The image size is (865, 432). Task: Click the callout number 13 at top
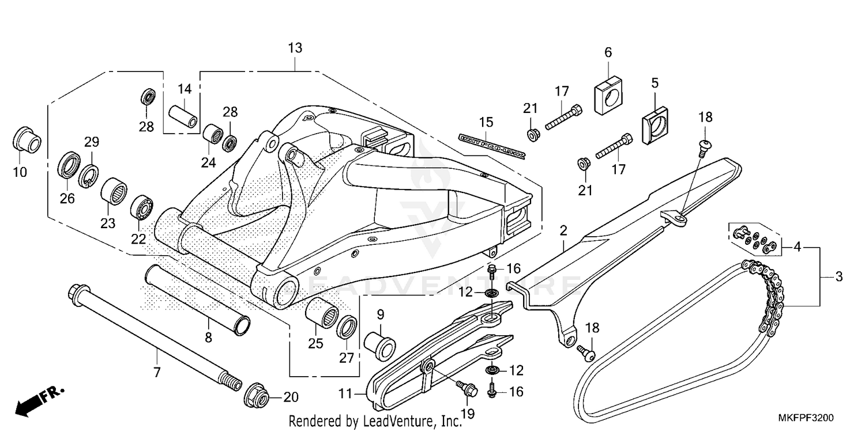[x=295, y=48]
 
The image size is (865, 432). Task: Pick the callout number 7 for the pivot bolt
[x=156, y=373]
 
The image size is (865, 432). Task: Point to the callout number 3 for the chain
[x=838, y=276]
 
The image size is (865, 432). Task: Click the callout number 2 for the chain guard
[x=563, y=230]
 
